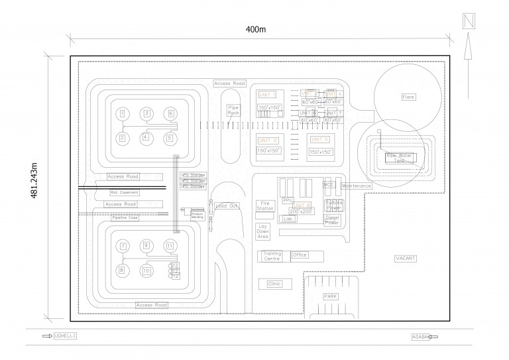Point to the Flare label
click(408, 97)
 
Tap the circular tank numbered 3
click(146, 113)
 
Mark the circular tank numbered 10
click(146, 270)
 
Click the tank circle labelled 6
click(170, 113)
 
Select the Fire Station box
click(265, 206)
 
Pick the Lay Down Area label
click(263, 231)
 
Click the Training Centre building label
click(272, 256)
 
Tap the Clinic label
click(274, 284)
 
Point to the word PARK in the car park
click(330, 296)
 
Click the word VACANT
click(405, 258)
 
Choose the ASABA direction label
click(420, 337)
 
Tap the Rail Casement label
click(125, 193)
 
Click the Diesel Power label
click(332, 220)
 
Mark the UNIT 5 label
click(319, 139)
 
